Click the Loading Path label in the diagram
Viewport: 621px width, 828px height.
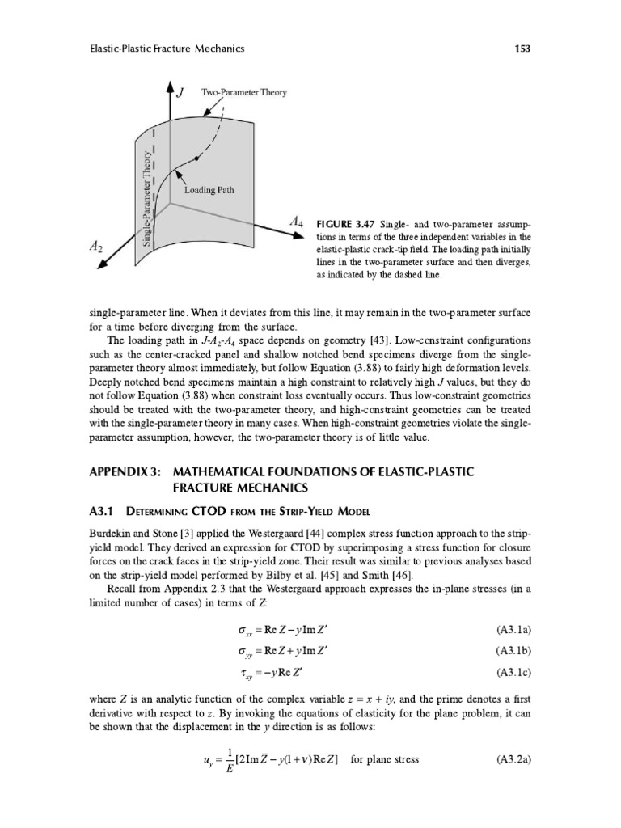coord(209,191)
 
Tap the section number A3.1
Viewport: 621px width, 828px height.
coord(103,511)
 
